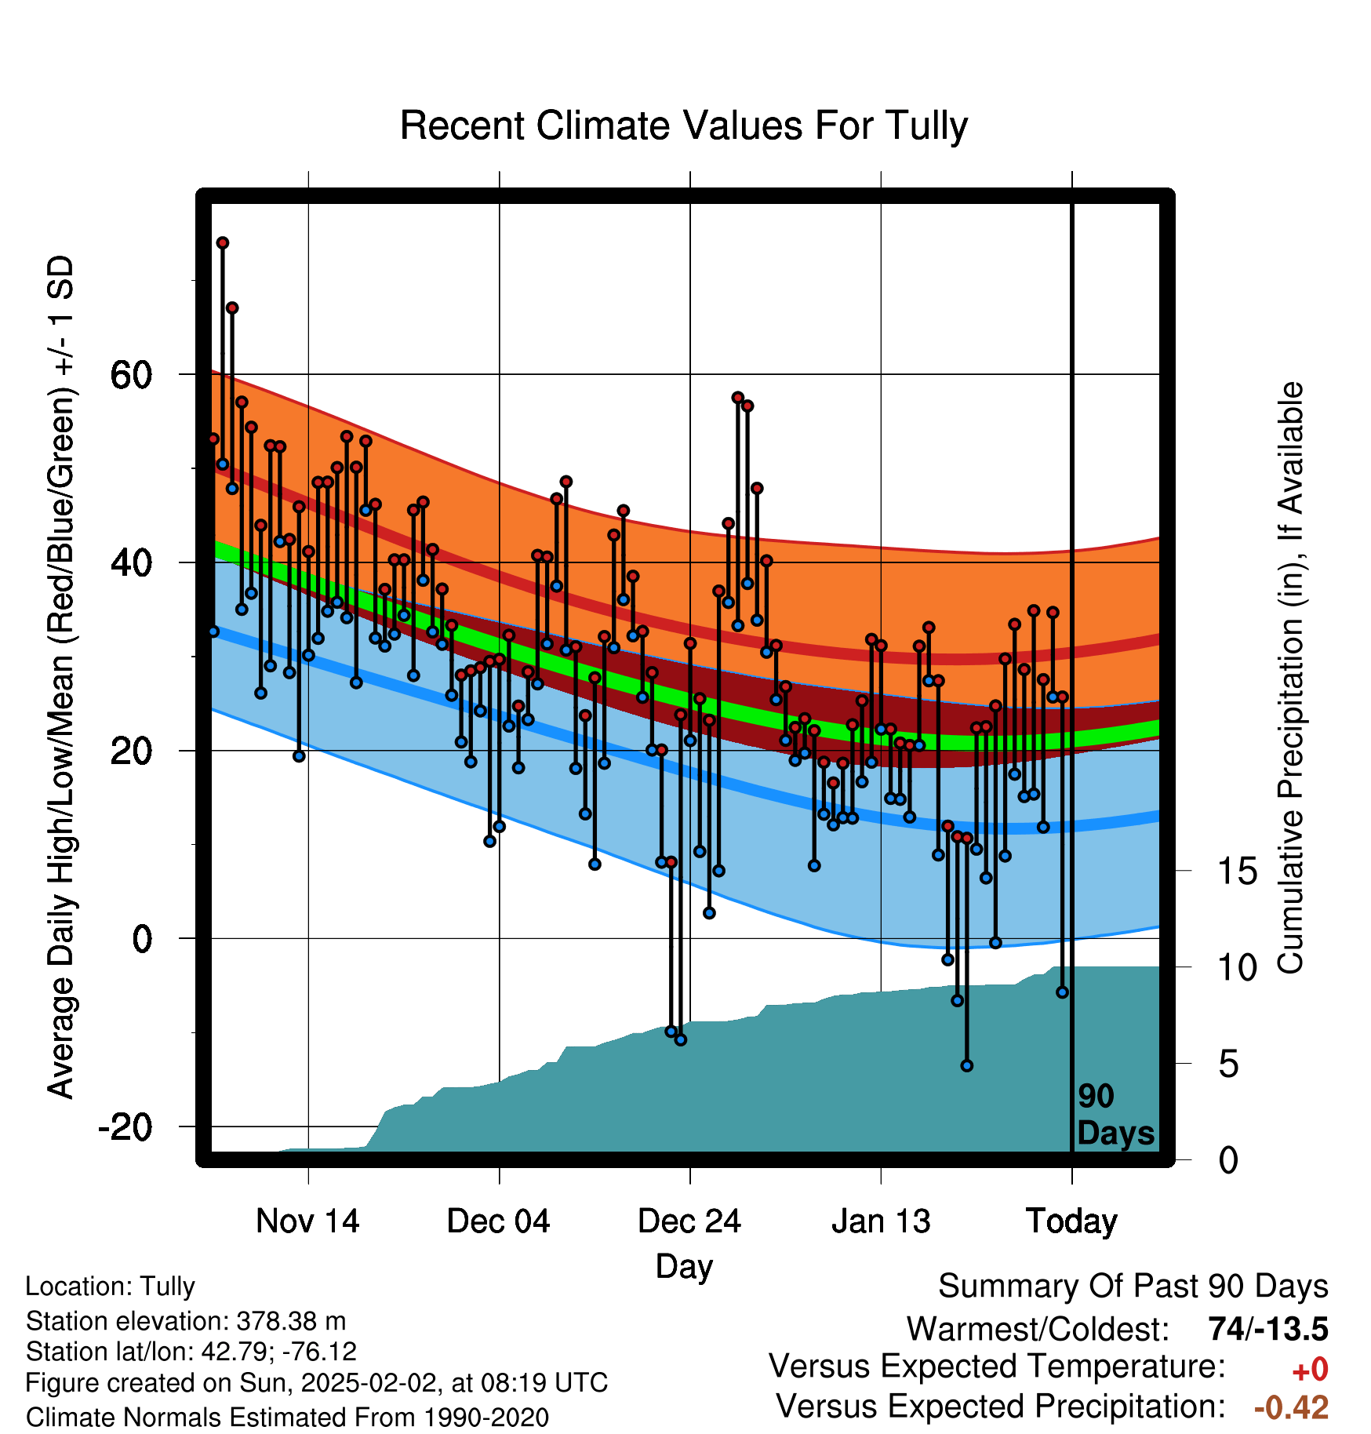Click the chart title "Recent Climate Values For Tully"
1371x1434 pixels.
tap(684, 126)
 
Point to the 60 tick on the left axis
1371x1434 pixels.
tap(131, 375)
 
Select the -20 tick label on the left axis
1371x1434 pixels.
tap(125, 1127)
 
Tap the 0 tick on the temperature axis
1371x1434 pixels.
tap(142, 939)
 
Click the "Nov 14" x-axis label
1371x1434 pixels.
tap(307, 1221)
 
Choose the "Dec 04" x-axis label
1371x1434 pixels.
tap(499, 1221)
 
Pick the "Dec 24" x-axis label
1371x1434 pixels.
tap(689, 1221)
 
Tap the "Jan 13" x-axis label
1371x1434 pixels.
tap(881, 1221)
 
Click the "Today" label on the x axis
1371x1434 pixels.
tap(1071, 1221)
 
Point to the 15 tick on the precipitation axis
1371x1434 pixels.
tap(1238, 871)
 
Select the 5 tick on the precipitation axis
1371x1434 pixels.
tap(1229, 1065)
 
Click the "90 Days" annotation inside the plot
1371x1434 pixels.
tap(1115, 1115)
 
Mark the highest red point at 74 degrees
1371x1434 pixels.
tap(223, 243)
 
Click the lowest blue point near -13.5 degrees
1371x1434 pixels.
tap(967, 1066)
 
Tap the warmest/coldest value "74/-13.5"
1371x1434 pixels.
tap(1268, 1330)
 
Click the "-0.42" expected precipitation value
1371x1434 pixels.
tap(1292, 1408)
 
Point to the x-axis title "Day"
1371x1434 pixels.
tap(685, 1267)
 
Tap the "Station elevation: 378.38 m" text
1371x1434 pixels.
tap(186, 1322)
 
